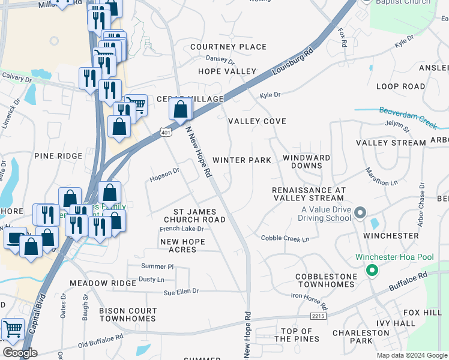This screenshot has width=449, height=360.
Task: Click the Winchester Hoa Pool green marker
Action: [x=372, y=271]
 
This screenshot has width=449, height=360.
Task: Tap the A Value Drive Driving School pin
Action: [x=360, y=213]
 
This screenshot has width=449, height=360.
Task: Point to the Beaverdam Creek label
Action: [x=408, y=116]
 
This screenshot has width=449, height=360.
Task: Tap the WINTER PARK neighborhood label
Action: [x=242, y=160]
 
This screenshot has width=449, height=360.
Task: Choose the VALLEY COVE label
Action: [x=257, y=121]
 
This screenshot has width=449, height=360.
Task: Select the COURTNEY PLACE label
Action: [x=228, y=47]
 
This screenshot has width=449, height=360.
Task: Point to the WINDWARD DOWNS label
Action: [x=306, y=161]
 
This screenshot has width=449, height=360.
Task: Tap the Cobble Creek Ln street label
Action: [x=285, y=239]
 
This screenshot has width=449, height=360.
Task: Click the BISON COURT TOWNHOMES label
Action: [x=128, y=315]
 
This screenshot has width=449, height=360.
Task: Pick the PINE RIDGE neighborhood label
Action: [x=58, y=156]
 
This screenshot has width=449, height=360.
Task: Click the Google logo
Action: [x=20, y=353]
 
